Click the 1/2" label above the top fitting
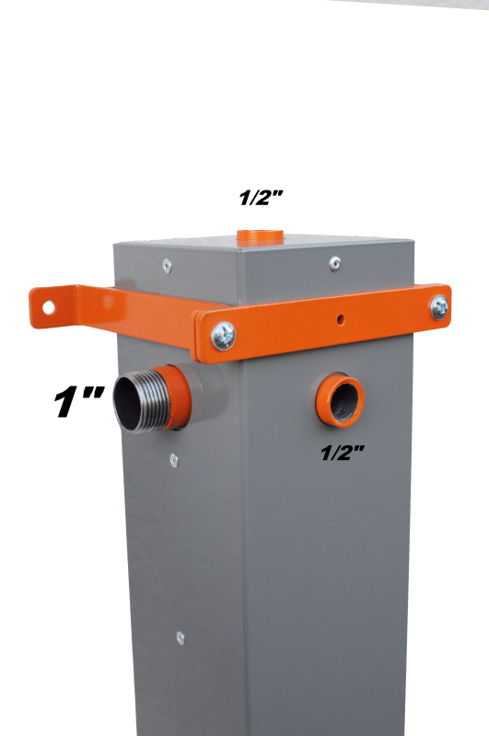tap(262, 198)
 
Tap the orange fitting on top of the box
tap(260, 237)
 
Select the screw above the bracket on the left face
tap(167, 266)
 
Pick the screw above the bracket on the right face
tap(334, 264)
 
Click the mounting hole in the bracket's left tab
tap(49, 307)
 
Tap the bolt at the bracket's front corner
tap(223, 336)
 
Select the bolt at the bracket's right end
tap(439, 308)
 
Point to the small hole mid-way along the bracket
tap(340, 320)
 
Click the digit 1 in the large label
tap(66, 403)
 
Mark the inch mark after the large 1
tap(93, 395)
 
